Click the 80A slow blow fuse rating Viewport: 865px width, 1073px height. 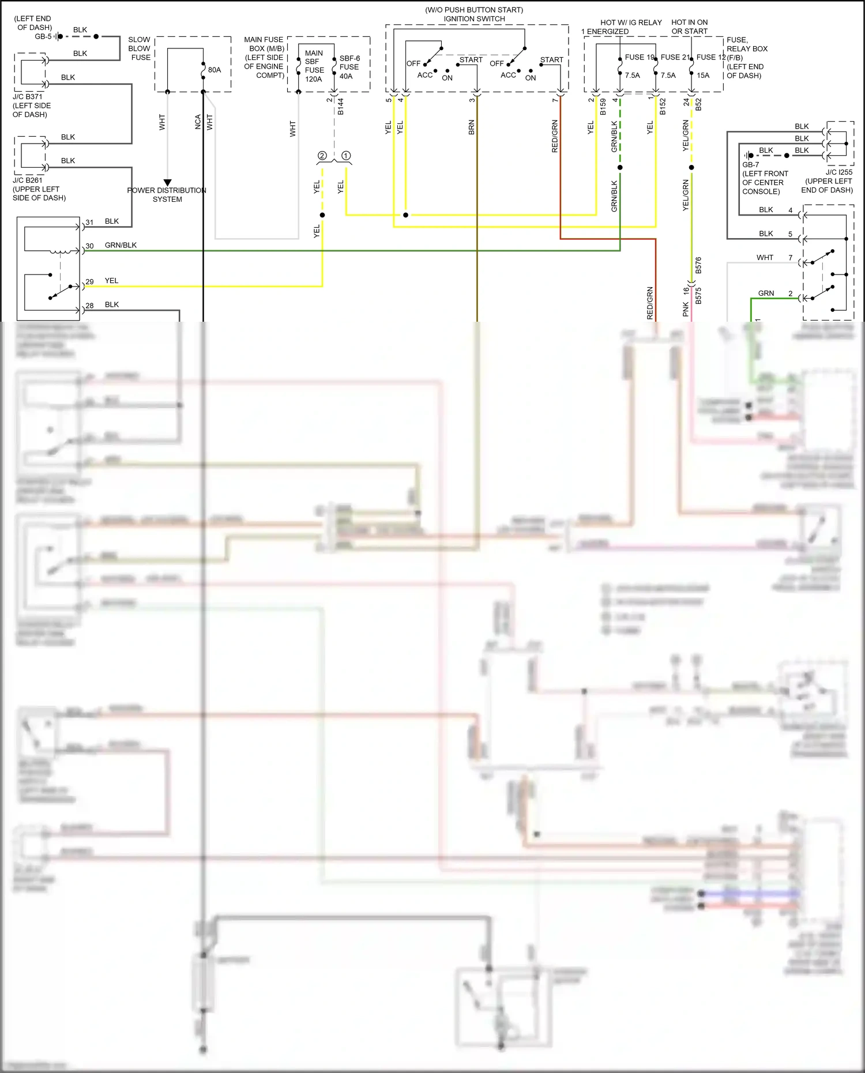[215, 70]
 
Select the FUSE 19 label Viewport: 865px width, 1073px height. [640, 57]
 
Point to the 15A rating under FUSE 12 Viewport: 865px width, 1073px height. [703, 76]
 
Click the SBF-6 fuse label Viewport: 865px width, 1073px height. [349, 58]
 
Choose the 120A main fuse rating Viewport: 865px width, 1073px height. [313, 79]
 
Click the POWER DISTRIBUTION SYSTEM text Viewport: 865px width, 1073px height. [167, 195]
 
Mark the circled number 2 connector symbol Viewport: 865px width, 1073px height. [322, 156]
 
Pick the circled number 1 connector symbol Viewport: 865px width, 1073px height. [346, 156]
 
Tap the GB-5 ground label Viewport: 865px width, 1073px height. [43, 36]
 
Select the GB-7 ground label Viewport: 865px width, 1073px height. [750, 165]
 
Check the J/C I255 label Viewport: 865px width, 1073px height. [838, 172]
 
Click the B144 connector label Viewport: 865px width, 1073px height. [341, 107]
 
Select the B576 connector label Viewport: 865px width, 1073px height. [698, 265]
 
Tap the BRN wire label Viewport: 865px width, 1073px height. [472, 127]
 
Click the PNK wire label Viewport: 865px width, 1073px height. [686, 309]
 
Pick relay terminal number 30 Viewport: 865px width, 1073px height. [89, 246]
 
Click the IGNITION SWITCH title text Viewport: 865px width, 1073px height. [474, 19]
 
